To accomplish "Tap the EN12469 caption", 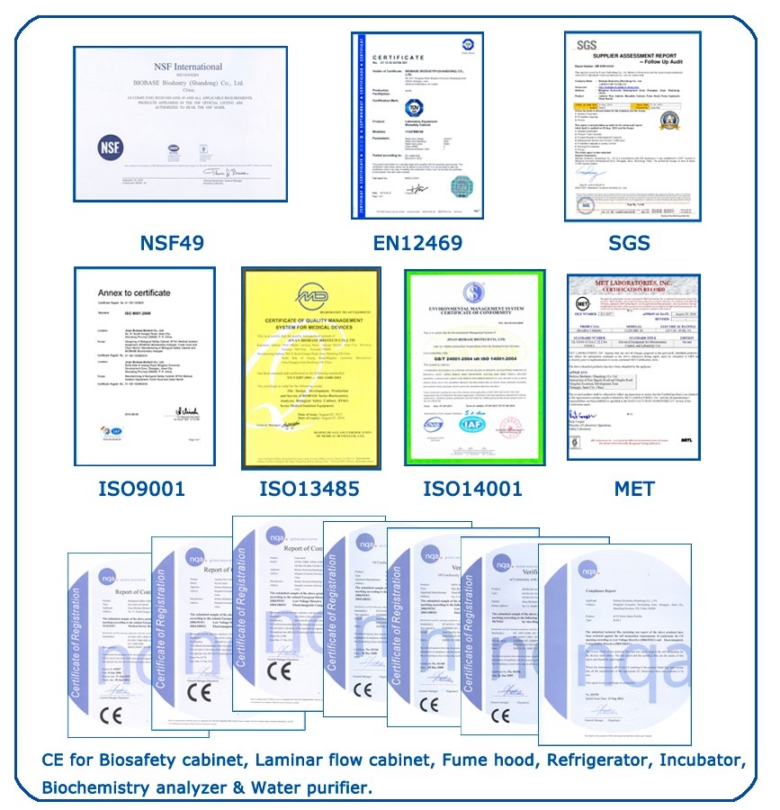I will (x=417, y=243).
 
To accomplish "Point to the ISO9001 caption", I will (x=141, y=489).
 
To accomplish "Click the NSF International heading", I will (x=186, y=67).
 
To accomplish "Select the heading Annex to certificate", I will (x=129, y=293).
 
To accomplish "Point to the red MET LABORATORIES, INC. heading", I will (x=634, y=286).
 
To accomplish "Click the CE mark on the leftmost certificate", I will (x=112, y=716).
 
